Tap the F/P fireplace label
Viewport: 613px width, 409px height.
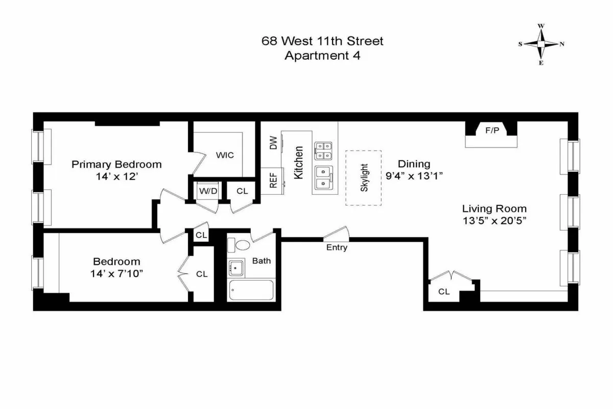click(x=492, y=131)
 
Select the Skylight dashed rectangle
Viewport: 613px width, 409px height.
click(x=364, y=177)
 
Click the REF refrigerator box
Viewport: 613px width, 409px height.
click(x=273, y=181)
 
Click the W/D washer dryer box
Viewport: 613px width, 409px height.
click(x=207, y=191)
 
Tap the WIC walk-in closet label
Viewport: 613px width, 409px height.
click(x=225, y=155)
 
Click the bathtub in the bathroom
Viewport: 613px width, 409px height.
click(x=251, y=290)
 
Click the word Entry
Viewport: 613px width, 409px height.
click(x=337, y=247)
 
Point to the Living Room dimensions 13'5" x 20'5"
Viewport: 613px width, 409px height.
click(x=494, y=221)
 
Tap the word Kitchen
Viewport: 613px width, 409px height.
click(x=299, y=162)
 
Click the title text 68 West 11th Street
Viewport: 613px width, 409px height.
click(x=322, y=41)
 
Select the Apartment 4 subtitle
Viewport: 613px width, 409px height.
click(x=322, y=56)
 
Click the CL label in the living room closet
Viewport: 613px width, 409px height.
click(x=444, y=291)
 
